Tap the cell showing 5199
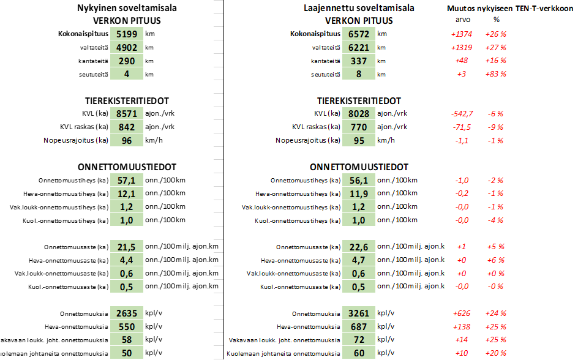pos(127,34)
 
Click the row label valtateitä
pos(325,47)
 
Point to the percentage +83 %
pos(495,74)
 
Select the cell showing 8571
pos(127,113)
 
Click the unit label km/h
pos(386,140)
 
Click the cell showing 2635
pos(127,313)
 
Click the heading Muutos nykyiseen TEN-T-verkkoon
pos(511,8)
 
